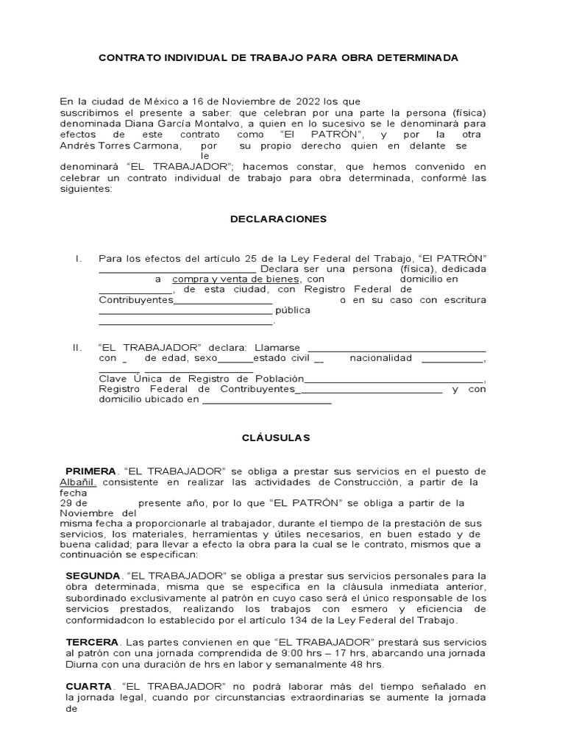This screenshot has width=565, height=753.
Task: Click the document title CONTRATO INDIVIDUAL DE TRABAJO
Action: pyautogui.click(x=278, y=57)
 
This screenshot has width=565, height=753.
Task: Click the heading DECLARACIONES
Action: pyautogui.click(x=278, y=219)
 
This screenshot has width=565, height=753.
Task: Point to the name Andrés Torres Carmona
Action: pyautogui.click(x=118, y=146)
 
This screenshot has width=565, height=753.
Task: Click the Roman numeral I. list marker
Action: pyautogui.click(x=77, y=258)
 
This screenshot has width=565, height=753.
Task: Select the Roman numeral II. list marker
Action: pyautogui.click(x=78, y=347)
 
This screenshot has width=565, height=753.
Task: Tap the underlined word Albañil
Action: pyautogui.click(x=77, y=482)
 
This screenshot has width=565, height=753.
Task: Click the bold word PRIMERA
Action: pyautogui.click(x=90, y=471)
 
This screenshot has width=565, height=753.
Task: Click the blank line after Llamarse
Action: pyautogui.click(x=396, y=348)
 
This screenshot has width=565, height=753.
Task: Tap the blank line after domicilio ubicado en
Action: pyautogui.click(x=267, y=401)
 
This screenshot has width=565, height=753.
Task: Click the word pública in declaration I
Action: pyautogui.click(x=293, y=310)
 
